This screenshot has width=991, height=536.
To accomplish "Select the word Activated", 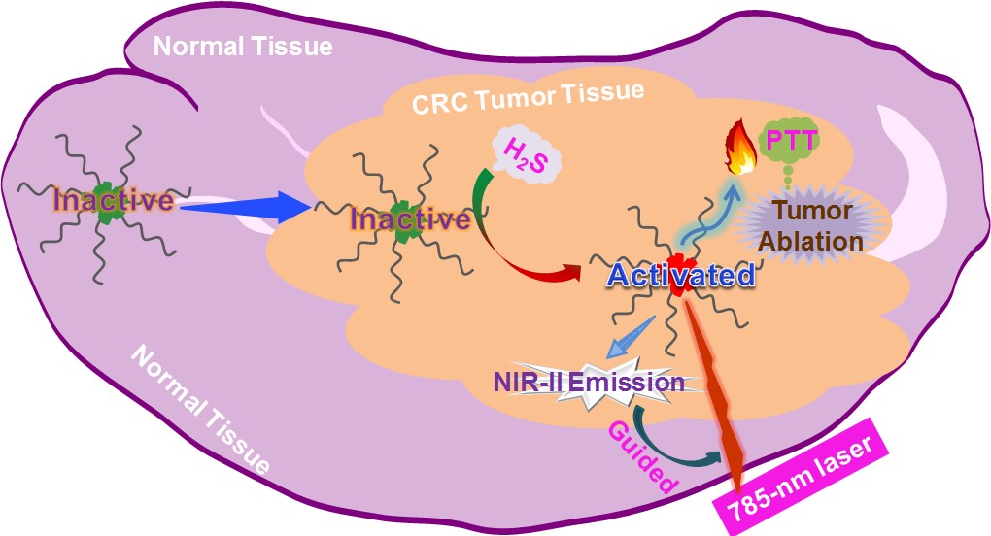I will coord(680,275).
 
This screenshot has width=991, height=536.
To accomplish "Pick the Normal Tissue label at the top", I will coord(243,46).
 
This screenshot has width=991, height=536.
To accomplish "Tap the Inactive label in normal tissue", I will coord(114,201).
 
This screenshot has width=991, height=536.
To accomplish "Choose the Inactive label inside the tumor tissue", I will coord(409,219).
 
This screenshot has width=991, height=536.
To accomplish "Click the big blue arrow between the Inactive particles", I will coord(245,207).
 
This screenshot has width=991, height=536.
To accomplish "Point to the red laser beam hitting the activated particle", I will coord(717,388).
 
